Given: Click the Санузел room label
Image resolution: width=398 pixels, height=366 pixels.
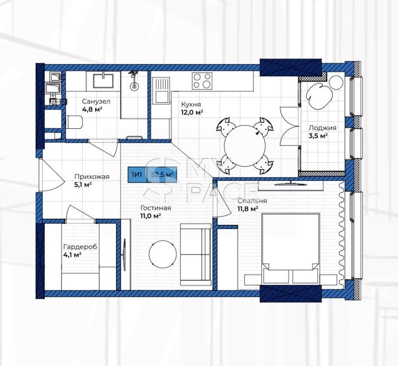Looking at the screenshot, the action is point(96,102).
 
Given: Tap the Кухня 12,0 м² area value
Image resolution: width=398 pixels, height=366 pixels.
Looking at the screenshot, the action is point(192,112).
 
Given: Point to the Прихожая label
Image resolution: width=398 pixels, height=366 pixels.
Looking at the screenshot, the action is point(92,177).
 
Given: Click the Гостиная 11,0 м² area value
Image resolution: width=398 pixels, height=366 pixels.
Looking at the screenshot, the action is point(151,216).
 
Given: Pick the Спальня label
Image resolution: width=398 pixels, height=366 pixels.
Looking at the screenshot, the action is point(252,201).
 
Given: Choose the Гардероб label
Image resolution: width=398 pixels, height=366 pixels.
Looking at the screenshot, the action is point(80,247).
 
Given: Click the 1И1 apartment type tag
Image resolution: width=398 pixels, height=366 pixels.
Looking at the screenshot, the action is point(137,174).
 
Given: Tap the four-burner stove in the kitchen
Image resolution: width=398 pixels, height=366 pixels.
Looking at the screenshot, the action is point(202,81).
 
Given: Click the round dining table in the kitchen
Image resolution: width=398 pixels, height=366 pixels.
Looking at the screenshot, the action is point(245,146).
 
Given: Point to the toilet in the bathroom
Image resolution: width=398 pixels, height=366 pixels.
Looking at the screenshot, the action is point(74,122).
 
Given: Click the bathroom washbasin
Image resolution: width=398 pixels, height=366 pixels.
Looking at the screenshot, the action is point(103,81).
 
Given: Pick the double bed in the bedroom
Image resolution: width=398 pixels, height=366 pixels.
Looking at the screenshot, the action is point(290,249).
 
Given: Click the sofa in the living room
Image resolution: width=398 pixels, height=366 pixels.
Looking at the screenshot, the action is point(196,254).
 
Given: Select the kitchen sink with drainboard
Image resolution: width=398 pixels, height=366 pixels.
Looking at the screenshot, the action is point(161,90).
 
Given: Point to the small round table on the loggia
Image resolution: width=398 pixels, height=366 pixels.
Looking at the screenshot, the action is point(336,82).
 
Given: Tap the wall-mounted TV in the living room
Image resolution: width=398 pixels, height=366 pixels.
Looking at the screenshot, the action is point(124,254).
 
